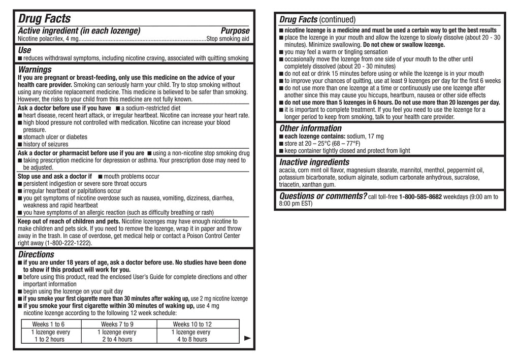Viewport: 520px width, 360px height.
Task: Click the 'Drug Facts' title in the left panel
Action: [45, 19]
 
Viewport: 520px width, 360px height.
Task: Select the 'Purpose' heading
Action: [235, 31]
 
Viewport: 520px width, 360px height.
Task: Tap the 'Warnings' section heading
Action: [35, 69]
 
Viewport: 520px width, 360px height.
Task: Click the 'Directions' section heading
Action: [36, 254]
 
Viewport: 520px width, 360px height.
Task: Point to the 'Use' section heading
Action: [24, 50]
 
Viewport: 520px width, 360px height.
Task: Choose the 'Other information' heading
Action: [310, 128]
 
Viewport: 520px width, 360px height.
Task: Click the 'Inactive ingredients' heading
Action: [314, 162]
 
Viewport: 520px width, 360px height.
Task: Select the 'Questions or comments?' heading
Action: [323, 196]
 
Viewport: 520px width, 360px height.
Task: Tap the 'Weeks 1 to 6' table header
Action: [48, 324]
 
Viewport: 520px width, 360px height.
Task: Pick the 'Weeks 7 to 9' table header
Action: [117, 324]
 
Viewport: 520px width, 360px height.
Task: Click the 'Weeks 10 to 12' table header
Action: [192, 324]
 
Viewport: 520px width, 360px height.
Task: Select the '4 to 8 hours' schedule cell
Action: [192, 339]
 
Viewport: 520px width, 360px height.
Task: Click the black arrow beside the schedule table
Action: [248, 338]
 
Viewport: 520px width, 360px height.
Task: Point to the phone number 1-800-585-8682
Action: [420, 197]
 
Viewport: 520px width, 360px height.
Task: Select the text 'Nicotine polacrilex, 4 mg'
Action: [48, 39]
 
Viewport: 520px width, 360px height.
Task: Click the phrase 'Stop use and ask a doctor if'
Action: [55, 176]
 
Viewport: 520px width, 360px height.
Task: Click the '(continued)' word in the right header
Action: [337, 20]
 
